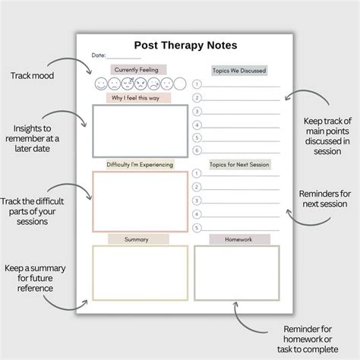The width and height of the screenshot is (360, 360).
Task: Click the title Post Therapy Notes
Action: (x=179, y=45)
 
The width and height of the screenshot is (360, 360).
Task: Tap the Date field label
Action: (x=99, y=56)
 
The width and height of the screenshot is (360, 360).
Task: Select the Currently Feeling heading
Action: (x=138, y=69)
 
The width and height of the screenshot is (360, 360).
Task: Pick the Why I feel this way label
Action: (x=139, y=98)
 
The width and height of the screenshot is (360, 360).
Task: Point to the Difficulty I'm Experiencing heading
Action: (x=140, y=164)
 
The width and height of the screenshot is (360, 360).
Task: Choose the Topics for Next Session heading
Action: (x=238, y=164)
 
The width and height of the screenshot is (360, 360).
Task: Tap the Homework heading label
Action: (x=239, y=239)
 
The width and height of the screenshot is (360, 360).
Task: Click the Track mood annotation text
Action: (x=31, y=77)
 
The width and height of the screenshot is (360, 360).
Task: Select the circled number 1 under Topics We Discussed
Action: (x=197, y=85)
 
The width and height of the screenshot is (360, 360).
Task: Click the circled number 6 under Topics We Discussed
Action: (x=197, y=150)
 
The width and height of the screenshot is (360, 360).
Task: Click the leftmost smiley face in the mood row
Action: (x=103, y=84)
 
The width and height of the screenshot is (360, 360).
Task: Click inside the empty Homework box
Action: (x=233, y=273)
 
